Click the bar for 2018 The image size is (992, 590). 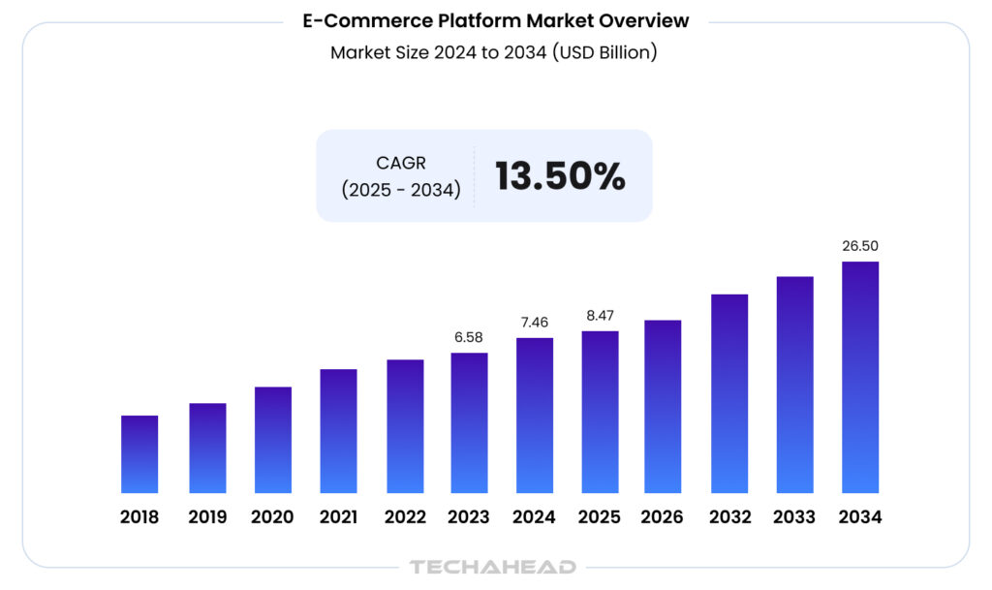coord(139,454)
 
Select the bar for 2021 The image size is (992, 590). coord(338,431)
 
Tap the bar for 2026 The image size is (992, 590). coord(663,407)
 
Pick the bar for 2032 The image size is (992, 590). coord(729,393)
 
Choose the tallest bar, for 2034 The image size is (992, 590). coord(860,378)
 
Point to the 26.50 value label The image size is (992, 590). coord(860,246)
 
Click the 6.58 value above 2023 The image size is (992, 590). coord(469,337)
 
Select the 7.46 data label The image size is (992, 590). coord(535,322)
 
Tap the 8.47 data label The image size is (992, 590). coord(600,315)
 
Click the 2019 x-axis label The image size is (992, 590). coord(207,517)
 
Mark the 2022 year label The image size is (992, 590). coord(404,517)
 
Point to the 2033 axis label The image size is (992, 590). coord(794,517)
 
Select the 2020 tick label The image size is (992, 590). coord(272,517)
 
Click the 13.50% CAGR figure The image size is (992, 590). coord(560,176)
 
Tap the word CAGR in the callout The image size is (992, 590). coord(401,163)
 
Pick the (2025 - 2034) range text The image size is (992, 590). coord(400,190)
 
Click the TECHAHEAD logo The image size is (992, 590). coord(493,567)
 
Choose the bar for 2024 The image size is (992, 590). coord(535,416)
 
